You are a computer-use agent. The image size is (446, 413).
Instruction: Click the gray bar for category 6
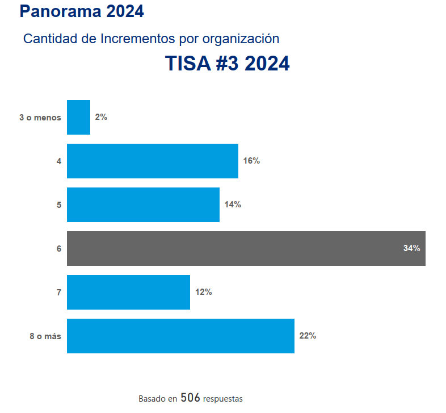246,248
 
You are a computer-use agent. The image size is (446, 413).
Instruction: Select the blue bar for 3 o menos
78,117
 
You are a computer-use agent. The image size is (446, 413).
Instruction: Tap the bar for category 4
152,161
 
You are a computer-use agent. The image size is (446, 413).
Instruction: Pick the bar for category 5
143,205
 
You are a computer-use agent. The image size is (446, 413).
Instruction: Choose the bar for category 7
128,292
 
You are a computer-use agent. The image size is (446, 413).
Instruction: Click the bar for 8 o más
180,336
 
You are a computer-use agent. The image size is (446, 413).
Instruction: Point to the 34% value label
411,248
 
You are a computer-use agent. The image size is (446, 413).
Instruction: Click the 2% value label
101,117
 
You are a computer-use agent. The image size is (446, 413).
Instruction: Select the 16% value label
251,161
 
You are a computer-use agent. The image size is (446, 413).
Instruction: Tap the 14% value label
233,205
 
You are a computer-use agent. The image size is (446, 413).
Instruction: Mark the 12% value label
203,292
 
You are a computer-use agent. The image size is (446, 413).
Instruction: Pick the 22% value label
308,336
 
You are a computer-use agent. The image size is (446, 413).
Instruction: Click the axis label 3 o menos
40,118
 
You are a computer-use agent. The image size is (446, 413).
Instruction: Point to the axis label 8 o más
45,336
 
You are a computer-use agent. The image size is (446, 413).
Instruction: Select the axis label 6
59,249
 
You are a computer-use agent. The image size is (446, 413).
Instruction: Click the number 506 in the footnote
190,398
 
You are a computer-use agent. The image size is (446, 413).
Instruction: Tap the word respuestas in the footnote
222,399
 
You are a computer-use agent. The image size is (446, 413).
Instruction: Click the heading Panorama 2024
81,10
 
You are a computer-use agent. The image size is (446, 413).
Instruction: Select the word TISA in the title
188,64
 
